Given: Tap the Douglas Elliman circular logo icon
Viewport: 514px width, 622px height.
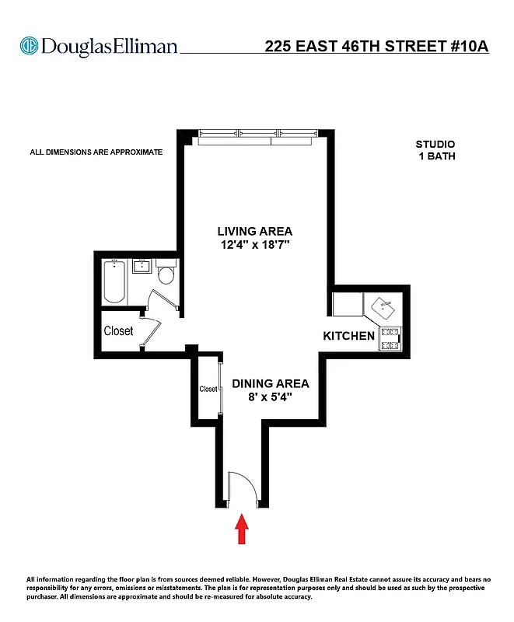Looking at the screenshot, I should [x=29, y=46].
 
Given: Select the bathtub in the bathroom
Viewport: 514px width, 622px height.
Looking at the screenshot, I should [x=113, y=282].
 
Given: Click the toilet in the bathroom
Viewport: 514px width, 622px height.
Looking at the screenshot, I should [x=166, y=276].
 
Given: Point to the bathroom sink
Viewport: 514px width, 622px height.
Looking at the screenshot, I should [x=142, y=268].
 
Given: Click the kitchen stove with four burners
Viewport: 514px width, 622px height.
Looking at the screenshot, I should [x=390, y=337].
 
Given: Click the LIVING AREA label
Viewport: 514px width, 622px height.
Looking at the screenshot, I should [x=255, y=231].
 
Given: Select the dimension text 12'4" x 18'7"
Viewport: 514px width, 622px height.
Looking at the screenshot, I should [x=255, y=245].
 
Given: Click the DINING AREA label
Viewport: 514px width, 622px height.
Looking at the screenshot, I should [x=270, y=383].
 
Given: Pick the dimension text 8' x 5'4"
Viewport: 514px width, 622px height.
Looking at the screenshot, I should [x=270, y=397].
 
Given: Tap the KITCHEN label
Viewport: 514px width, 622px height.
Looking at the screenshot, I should [x=349, y=337].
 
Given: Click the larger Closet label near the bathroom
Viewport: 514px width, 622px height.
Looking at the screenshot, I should [x=119, y=330].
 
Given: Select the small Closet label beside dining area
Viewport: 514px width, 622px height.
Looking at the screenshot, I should [x=208, y=389].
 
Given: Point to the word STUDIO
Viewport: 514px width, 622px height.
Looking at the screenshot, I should [x=435, y=144].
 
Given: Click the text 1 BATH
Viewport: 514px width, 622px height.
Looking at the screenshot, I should [x=435, y=156].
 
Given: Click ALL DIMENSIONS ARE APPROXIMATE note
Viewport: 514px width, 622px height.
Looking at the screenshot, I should [x=96, y=152].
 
